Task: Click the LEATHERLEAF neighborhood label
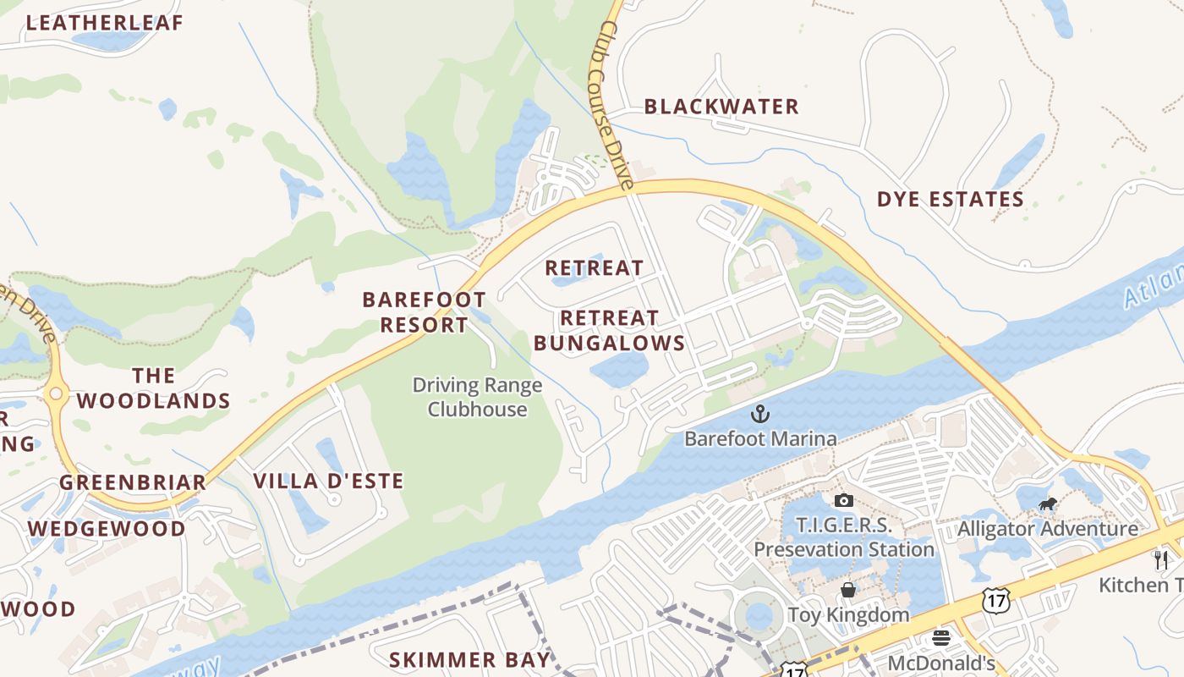105,23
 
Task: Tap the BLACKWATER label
721,107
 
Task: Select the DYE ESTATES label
950,200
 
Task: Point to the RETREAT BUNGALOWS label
609,331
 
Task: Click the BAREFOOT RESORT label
424,312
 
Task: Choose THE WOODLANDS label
154,388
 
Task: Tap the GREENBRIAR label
133,483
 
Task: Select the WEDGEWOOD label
107,529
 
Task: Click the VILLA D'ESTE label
328,482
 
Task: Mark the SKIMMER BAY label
469,659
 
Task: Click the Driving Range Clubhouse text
477,398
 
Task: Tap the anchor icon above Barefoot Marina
760,414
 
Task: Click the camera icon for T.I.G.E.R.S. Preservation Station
843,500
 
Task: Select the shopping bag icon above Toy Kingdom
848,590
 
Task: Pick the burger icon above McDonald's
940,638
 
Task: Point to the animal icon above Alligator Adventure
1048,505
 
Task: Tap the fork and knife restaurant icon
1161,559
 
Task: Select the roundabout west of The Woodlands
57,393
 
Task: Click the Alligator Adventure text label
1047,529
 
